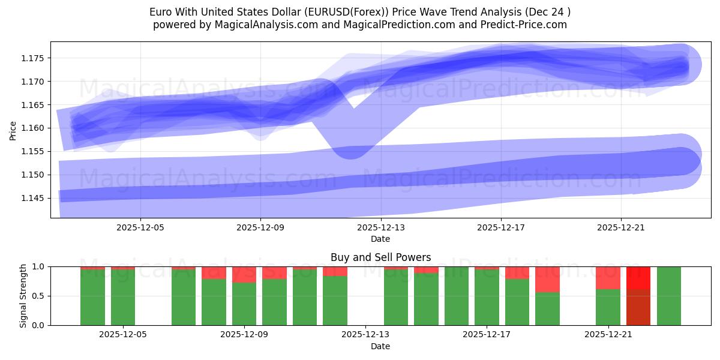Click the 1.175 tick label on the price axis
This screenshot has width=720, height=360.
(x=35, y=58)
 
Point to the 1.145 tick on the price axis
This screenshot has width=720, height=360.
(x=35, y=198)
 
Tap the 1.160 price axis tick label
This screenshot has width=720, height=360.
(x=35, y=128)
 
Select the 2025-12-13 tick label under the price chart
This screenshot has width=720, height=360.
(x=380, y=228)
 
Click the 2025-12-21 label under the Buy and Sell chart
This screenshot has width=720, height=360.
(x=608, y=335)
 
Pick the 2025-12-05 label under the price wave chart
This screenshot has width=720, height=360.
(x=140, y=228)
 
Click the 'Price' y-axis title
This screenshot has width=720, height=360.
(x=13, y=130)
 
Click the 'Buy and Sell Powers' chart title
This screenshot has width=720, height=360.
(x=380, y=257)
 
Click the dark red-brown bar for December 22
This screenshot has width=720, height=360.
(x=638, y=307)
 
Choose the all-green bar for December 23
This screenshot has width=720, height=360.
(x=668, y=296)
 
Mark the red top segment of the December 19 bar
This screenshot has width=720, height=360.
(x=547, y=279)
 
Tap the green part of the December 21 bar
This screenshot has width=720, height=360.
(x=608, y=307)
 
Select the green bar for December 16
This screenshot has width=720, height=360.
(x=457, y=296)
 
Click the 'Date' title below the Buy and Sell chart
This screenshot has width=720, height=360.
(x=380, y=346)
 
